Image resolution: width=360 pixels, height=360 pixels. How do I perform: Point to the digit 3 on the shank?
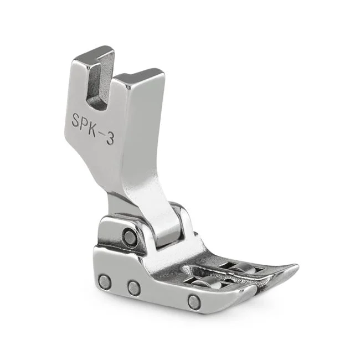click(x=110, y=138)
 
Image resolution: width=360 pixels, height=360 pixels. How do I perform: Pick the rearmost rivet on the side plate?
click(x=105, y=282)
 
